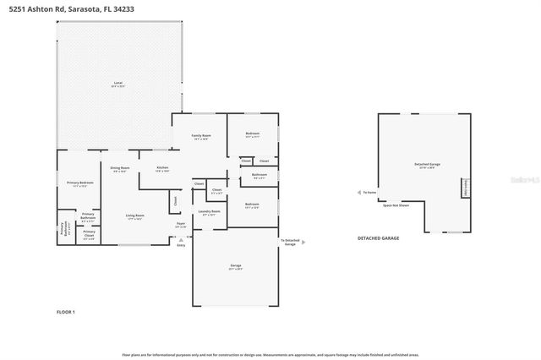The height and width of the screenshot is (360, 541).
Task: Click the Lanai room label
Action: (117, 84)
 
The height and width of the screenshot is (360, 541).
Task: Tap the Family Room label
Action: (201, 136)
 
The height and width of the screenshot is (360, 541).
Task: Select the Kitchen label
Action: (162, 168)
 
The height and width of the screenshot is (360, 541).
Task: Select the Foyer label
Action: (181, 225)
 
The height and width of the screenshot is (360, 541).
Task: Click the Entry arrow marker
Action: (178, 244)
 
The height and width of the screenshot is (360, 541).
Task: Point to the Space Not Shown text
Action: (395, 205)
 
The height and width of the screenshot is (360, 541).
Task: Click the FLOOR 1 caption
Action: (66, 312)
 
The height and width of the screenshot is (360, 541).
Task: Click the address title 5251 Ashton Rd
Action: (65, 8)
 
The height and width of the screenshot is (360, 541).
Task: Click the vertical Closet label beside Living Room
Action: (176, 201)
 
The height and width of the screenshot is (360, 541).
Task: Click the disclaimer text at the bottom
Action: (270, 355)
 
